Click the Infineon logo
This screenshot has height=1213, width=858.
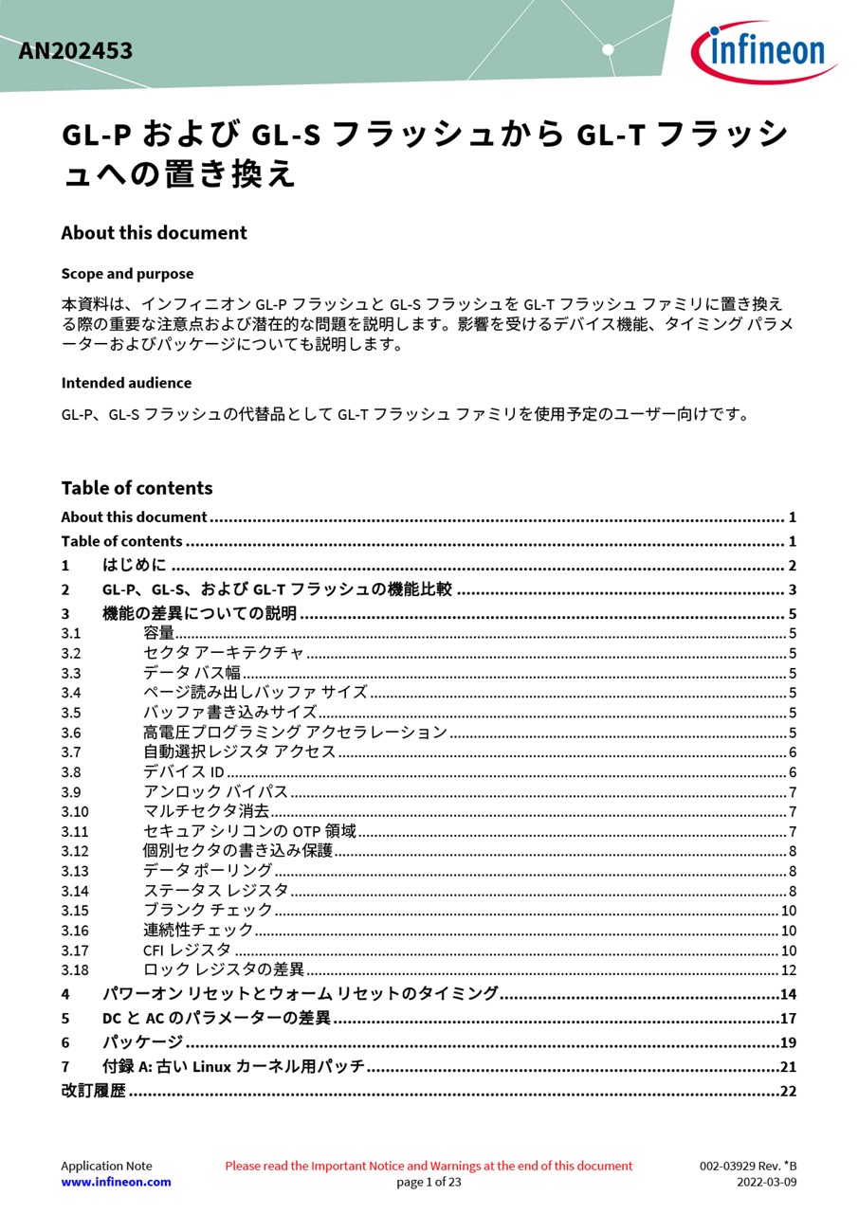(x=763, y=51)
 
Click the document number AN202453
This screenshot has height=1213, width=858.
(x=75, y=51)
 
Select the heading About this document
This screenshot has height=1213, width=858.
(x=154, y=233)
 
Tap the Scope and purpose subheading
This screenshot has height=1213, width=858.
(x=127, y=274)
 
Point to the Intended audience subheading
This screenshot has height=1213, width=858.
(x=126, y=383)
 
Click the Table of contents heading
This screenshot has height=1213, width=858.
(x=137, y=488)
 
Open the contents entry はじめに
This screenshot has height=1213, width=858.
(x=134, y=566)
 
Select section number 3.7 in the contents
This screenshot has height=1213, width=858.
(x=71, y=752)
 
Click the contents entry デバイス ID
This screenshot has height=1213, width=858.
(x=183, y=772)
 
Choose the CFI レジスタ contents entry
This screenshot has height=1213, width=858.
(x=187, y=950)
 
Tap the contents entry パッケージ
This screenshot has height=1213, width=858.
(x=142, y=1042)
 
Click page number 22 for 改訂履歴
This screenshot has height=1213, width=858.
(x=788, y=1091)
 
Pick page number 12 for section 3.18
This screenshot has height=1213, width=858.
(x=788, y=970)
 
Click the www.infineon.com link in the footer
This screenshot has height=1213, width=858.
(x=116, y=1182)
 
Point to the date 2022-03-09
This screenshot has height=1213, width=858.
(x=767, y=1182)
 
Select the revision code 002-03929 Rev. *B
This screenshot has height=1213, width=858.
(x=748, y=1166)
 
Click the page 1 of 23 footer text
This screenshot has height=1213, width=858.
(x=429, y=1182)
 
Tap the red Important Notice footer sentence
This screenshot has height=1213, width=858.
(x=429, y=1166)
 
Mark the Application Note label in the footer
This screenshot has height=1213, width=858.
(x=106, y=1166)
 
